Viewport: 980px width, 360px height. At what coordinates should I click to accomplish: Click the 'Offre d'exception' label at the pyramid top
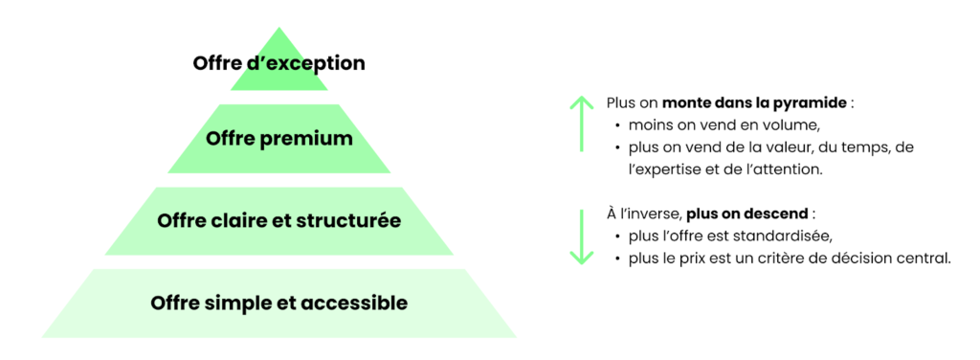278,64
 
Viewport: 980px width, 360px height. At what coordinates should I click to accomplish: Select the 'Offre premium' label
279,140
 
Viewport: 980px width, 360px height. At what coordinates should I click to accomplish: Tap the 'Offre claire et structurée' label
279,221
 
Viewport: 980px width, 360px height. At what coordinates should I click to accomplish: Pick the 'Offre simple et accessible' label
279,304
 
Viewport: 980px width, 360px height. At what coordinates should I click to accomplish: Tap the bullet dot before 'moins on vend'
617,125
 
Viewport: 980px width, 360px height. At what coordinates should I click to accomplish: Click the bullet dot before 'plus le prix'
617,258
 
